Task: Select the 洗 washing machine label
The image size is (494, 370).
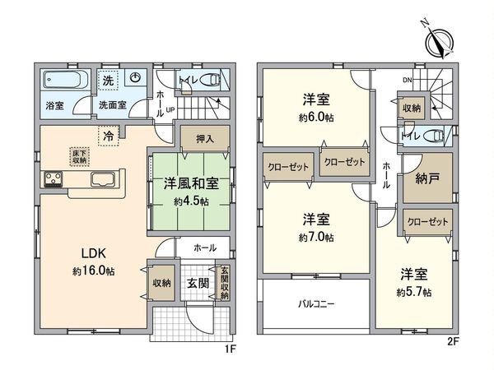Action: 107,80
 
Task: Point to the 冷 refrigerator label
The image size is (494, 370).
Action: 109,134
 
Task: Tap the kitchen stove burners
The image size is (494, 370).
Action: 54,179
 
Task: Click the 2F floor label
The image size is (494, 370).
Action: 454,340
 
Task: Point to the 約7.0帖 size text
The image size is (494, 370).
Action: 316,238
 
